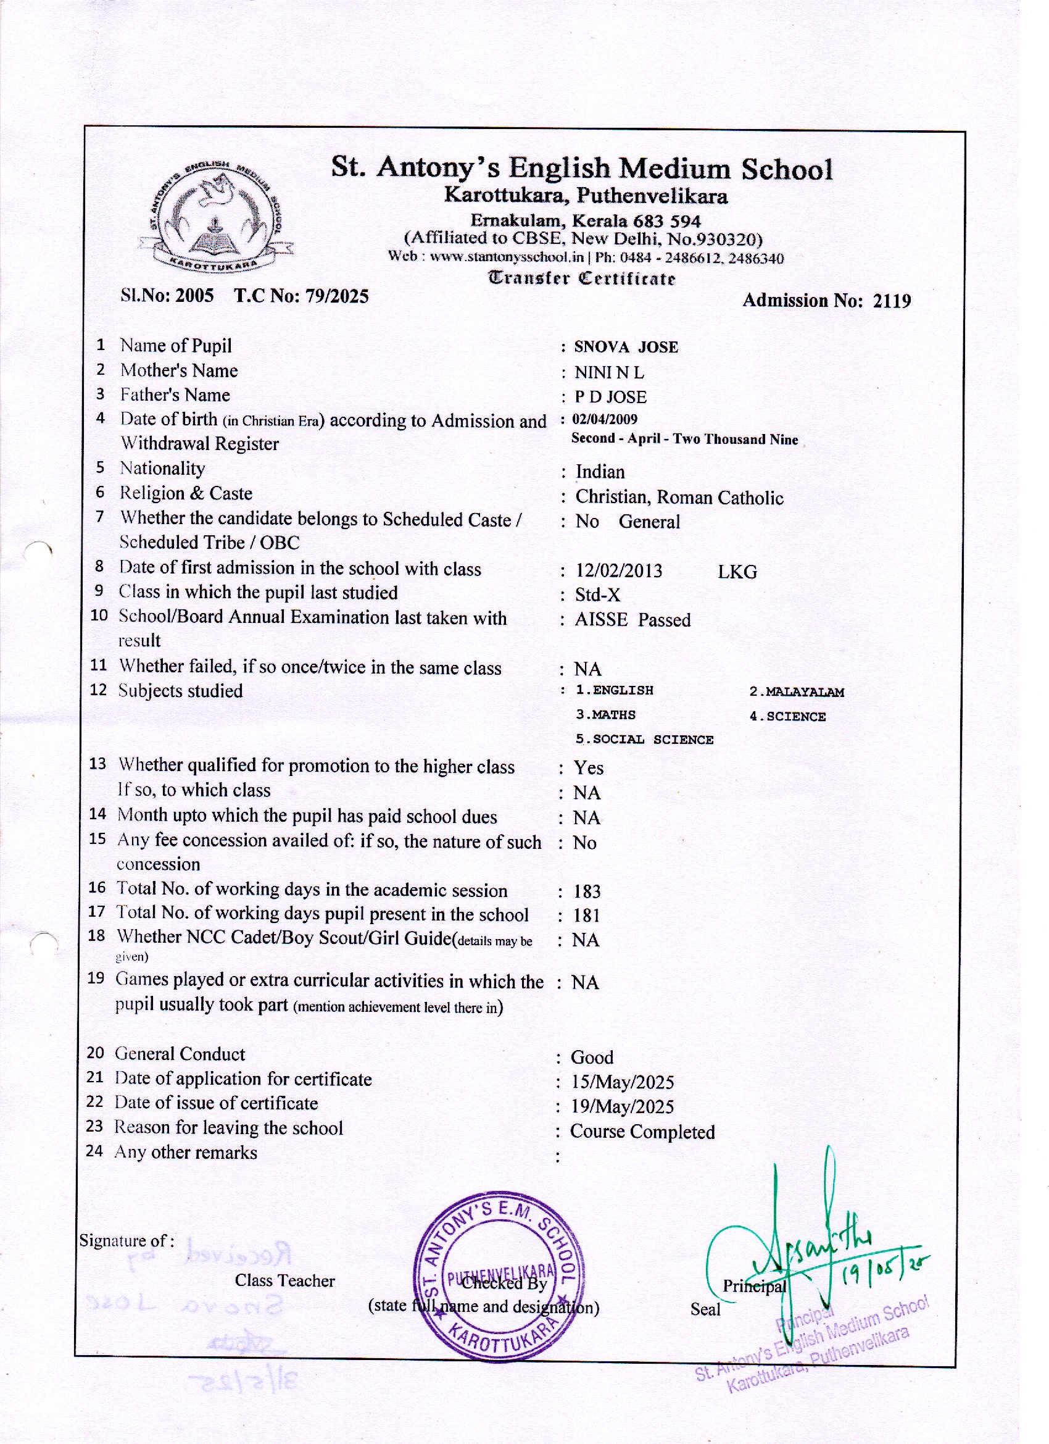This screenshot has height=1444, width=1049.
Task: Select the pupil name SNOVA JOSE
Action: (626, 348)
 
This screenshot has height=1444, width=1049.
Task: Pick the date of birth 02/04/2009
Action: (604, 419)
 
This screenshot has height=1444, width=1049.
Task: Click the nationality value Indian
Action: (600, 472)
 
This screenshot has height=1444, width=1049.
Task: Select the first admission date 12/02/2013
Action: (619, 570)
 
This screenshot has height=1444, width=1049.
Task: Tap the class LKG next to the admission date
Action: (737, 572)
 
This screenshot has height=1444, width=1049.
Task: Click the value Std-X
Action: (597, 595)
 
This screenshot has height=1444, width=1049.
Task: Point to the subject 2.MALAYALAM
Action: (796, 692)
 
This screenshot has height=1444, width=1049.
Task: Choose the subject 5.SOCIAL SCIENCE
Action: (644, 740)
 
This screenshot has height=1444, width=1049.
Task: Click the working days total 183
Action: (586, 891)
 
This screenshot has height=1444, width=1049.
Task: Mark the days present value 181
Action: (586, 916)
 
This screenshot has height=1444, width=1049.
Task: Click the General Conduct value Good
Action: (591, 1058)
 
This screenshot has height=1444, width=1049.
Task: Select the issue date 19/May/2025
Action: (622, 1106)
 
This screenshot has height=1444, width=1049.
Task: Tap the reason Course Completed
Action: (642, 1132)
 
